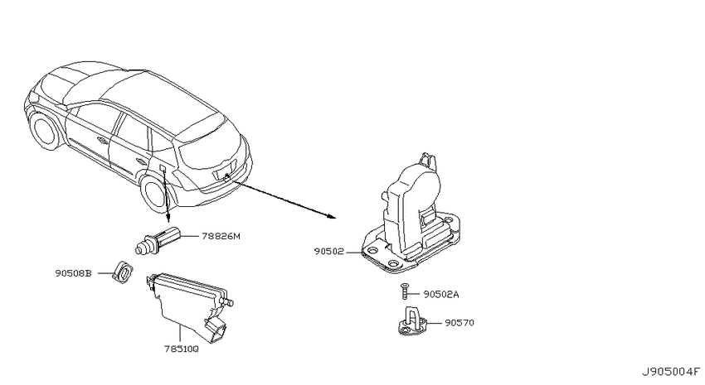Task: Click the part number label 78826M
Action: click(x=221, y=236)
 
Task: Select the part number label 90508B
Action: click(x=73, y=273)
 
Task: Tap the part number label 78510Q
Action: click(x=180, y=349)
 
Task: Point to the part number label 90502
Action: click(x=328, y=252)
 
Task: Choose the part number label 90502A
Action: click(x=441, y=295)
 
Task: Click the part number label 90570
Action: click(x=459, y=323)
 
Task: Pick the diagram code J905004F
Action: click(x=671, y=372)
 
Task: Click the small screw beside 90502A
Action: click(x=404, y=291)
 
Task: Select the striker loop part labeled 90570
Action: click(x=411, y=321)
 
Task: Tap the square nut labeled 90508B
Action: click(x=123, y=272)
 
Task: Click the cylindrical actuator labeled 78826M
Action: click(x=158, y=241)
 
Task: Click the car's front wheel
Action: click(x=44, y=130)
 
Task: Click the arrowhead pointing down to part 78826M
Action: click(x=168, y=218)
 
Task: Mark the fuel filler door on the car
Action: click(x=163, y=168)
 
